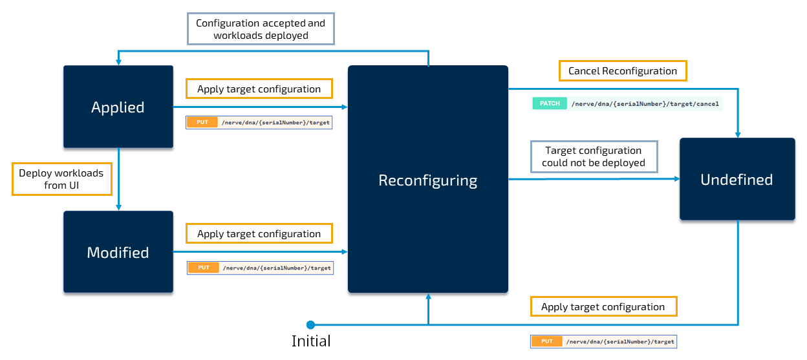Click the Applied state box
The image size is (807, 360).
(118, 107)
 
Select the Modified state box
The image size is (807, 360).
(118, 252)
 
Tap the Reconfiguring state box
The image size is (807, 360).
(427, 180)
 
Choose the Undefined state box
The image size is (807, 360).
(737, 179)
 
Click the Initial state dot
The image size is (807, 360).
(310, 324)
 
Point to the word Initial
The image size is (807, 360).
(311, 341)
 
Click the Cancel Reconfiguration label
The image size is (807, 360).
(622, 71)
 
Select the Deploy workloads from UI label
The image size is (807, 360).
(61, 179)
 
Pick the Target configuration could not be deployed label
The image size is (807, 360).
(593, 157)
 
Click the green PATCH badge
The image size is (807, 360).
(549, 103)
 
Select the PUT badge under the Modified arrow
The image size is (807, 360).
(204, 268)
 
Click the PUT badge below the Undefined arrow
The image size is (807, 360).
(547, 341)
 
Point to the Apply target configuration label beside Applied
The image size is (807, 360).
(259, 89)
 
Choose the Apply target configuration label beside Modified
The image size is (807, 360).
(259, 234)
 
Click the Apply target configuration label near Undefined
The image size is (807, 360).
(603, 307)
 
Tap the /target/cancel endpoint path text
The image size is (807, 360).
(644, 103)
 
